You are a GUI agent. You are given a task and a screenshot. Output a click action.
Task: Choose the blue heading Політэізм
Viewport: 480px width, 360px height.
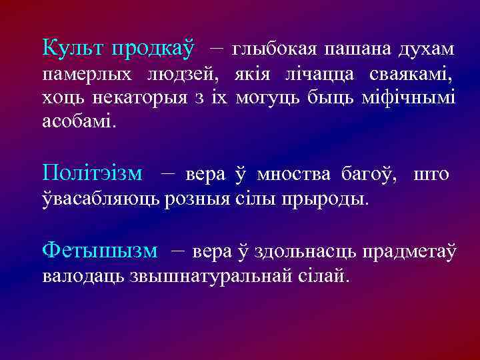(92, 173)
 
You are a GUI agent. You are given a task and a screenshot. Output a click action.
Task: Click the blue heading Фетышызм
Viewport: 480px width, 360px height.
(99, 251)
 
